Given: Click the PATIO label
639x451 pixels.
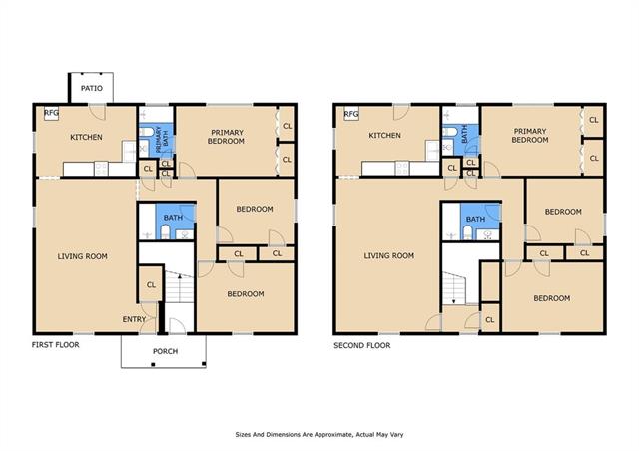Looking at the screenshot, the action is (x=91, y=88).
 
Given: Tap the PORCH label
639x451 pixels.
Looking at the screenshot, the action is (x=165, y=351).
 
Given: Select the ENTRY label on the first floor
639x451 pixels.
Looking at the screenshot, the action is (x=134, y=320).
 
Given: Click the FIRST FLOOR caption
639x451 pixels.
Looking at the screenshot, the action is (x=56, y=345).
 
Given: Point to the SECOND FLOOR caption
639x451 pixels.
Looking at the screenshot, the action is (x=361, y=346).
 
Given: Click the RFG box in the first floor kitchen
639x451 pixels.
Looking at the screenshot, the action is (x=51, y=113).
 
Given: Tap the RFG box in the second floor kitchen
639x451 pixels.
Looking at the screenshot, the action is (x=351, y=114).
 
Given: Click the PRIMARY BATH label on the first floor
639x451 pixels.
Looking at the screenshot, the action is (x=162, y=140).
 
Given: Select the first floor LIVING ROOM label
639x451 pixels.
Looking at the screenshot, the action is (x=82, y=256).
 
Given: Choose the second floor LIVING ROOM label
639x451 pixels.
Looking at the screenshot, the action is (x=388, y=255).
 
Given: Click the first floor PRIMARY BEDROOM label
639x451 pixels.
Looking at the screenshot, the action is (x=227, y=137).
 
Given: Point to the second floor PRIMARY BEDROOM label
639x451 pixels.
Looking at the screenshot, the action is (x=530, y=136).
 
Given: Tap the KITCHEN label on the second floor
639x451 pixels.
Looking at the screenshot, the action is (x=384, y=135).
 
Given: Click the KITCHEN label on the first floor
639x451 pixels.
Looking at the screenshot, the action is (x=86, y=137).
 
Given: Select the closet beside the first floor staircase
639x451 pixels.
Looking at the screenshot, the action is (x=151, y=284).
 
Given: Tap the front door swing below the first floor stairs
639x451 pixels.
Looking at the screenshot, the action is (x=177, y=326).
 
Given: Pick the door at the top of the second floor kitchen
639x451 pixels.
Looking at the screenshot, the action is (x=401, y=112).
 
